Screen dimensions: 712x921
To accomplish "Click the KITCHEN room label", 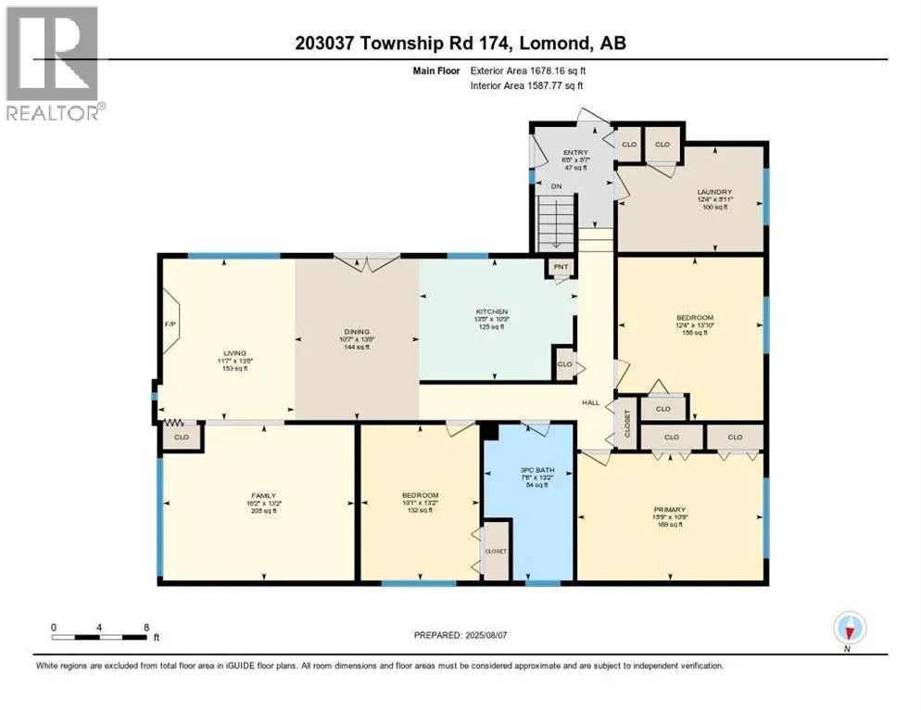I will pyautogui.click(x=494, y=311).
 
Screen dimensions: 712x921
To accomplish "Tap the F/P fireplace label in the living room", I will pyautogui.click(x=170, y=324).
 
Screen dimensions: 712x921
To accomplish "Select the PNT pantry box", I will pyautogui.click(x=561, y=267).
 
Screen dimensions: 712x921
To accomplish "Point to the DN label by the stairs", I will pyautogui.click(x=556, y=185).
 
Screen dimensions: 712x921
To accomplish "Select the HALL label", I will pyautogui.click(x=589, y=402).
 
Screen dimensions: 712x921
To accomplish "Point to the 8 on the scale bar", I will pyautogui.click(x=146, y=627).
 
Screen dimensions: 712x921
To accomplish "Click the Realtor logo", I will pyautogui.click(x=53, y=61).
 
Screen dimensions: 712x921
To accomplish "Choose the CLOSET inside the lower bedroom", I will pyautogui.click(x=496, y=551).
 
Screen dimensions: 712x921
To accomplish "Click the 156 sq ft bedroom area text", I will pyautogui.click(x=689, y=333).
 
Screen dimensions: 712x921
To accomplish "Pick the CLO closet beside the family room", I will pyautogui.click(x=182, y=437).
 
